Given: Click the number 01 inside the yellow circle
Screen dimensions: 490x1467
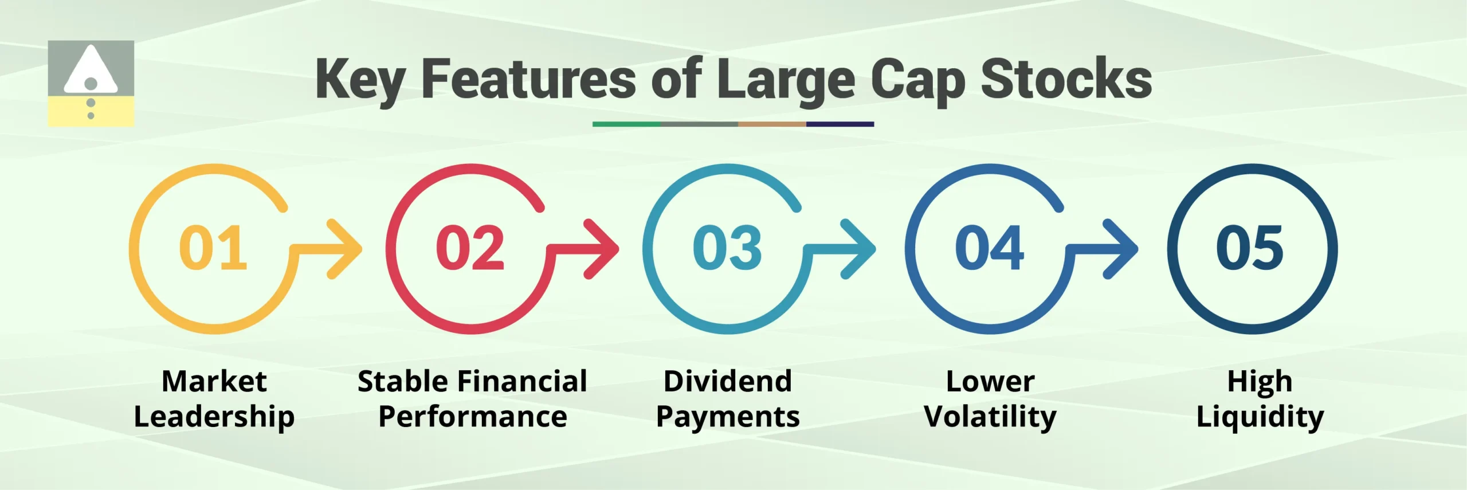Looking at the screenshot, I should pyautogui.click(x=213, y=248).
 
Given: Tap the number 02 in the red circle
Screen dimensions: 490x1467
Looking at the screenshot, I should pyautogui.click(x=470, y=248).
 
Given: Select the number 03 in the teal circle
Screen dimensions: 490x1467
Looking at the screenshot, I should pyautogui.click(x=727, y=248).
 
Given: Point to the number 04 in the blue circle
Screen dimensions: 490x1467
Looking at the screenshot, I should pyautogui.click(x=990, y=248).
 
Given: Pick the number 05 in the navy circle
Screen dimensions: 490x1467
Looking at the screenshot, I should pyautogui.click(x=1250, y=248).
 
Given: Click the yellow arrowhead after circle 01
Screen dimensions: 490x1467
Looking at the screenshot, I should pyautogui.click(x=347, y=249).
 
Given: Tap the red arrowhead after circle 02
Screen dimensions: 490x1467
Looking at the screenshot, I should pyautogui.click(x=603, y=249).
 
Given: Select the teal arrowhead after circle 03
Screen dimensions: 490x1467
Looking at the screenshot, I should pyautogui.click(x=860, y=249).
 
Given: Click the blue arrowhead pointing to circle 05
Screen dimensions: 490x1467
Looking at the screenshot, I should pyautogui.click(x=1123, y=249).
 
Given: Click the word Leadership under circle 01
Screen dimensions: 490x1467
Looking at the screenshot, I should pyautogui.click(x=214, y=417).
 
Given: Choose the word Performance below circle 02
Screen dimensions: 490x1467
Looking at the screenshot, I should pyautogui.click(x=473, y=417).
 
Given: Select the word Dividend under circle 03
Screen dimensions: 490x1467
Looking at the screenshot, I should pyautogui.click(x=728, y=381).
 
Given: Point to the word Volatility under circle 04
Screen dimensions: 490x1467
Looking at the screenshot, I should pyautogui.click(x=990, y=417).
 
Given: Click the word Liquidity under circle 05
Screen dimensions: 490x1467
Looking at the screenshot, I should pyautogui.click(x=1260, y=417).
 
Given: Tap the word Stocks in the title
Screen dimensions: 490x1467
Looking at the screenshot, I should pyautogui.click(x=1066, y=80).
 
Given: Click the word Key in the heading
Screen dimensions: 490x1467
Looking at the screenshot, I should pyautogui.click(x=360, y=81).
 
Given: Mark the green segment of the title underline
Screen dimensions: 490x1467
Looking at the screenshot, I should pyautogui.click(x=626, y=124).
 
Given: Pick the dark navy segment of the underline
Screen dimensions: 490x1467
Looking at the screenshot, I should pyautogui.click(x=840, y=124).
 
